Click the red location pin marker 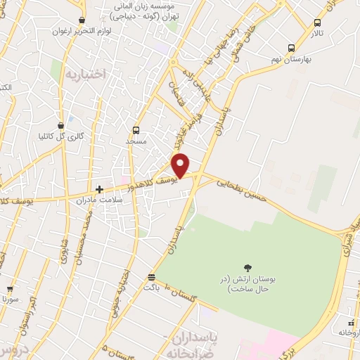click(181, 165)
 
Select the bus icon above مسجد click(136, 130)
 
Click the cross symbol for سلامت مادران click(100, 189)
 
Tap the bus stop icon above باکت click(152, 277)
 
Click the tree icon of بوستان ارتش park click(247, 266)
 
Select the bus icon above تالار click(317, 22)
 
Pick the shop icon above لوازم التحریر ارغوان click(83, 20)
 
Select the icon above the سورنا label click(10, 288)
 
